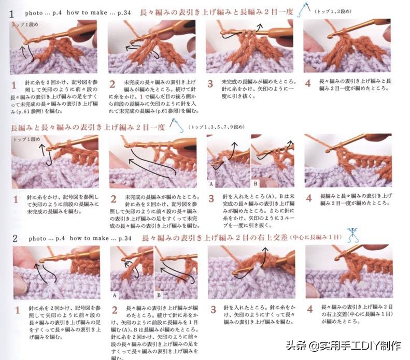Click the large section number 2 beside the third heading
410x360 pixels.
pyautogui.click(x=15, y=238)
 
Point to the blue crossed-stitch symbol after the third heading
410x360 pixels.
pyautogui.click(x=354, y=234)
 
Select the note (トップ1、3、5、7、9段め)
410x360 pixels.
pyautogui.click(x=217, y=127)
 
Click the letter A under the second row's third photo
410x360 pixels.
pyautogui.click(x=210, y=184)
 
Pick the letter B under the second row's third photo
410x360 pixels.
pyautogui.click(x=255, y=184)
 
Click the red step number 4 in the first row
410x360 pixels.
pyautogui.click(x=307, y=83)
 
